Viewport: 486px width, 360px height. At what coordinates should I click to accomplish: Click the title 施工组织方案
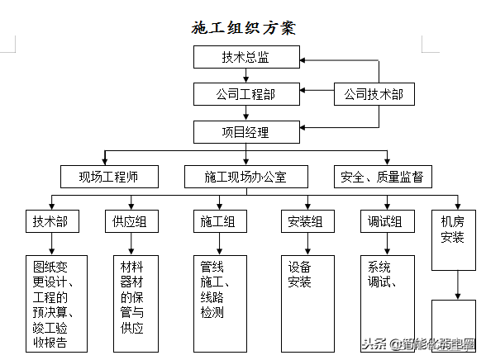pos(243,27)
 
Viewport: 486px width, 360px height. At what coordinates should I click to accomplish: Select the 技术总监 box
pos(245,57)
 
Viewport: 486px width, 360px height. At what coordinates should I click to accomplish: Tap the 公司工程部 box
pos(245,94)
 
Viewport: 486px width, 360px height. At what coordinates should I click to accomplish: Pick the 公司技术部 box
pos(374,94)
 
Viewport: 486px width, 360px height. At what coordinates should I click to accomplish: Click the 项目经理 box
pos(245,131)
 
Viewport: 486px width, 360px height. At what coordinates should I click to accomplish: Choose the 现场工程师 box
pos(108,176)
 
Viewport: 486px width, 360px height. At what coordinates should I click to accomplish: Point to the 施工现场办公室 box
pos(245,176)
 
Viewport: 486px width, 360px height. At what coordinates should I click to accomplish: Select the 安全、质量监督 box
pos(383,176)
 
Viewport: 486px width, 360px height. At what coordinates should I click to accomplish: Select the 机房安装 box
pos(452,229)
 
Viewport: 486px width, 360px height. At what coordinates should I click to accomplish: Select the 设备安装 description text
pos(300,275)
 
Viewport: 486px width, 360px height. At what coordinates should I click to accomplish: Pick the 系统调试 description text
pos(380,275)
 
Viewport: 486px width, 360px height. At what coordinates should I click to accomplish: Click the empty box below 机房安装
pos(454,326)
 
